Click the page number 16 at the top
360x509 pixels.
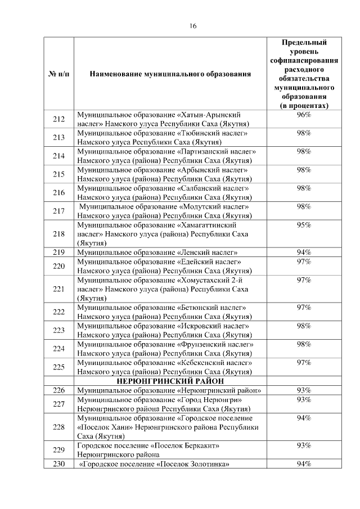coord(193,26)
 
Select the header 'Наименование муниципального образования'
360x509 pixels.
coord(170,74)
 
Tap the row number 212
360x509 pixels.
coord(59,119)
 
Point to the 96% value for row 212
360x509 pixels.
coord(304,115)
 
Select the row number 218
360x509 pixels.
coord(59,234)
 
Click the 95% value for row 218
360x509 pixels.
coord(304,225)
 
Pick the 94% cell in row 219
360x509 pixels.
coord(304,252)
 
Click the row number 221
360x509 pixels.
coord(59,289)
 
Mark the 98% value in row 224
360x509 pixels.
coord(304,344)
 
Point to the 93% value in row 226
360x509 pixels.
coord(304,390)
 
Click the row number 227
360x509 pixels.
coord(59,404)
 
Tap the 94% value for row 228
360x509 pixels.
coord(304,418)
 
